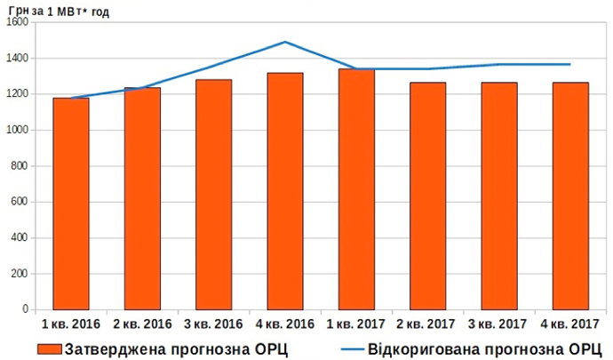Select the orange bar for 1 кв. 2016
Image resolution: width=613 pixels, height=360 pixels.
pyautogui.click(x=71, y=204)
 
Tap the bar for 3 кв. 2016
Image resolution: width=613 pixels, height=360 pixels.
pyautogui.click(x=213, y=195)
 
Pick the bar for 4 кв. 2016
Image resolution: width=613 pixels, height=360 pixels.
pyautogui.click(x=285, y=191)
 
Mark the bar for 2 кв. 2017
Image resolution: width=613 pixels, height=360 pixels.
pyautogui.click(x=427, y=196)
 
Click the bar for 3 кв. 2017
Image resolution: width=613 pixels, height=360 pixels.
pyautogui.click(x=499, y=196)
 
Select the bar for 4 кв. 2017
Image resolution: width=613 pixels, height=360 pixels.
pyautogui.click(x=570, y=196)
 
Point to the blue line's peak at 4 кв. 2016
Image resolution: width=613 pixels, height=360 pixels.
pyautogui.click(x=285, y=42)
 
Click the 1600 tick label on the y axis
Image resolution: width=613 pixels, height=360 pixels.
pyautogui.click(x=18, y=22)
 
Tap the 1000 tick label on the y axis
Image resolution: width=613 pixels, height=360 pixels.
pyautogui.click(x=18, y=130)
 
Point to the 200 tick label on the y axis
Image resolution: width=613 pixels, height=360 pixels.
pyautogui.click(x=21, y=274)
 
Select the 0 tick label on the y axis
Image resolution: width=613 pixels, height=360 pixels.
pyautogui.click(x=27, y=310)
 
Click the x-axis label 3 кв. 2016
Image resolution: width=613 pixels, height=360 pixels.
pyautogui.click(x=213, y=323)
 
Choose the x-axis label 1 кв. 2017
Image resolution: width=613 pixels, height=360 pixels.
pyautogui.click(x=356, y=323)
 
